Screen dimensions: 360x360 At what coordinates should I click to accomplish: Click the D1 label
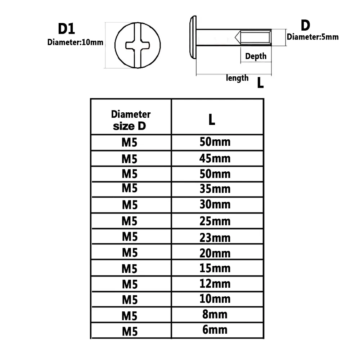click(67, 29)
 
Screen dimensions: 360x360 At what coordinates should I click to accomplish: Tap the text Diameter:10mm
click(75, 42)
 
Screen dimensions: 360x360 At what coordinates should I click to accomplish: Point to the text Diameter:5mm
click(312, 36)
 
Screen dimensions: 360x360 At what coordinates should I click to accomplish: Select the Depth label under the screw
click(256, 56)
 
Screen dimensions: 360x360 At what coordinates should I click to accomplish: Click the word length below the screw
click(237, 77)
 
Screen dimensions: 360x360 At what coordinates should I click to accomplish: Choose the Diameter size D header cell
click(131, 120)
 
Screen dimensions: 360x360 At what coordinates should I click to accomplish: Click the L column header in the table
click(212, 120)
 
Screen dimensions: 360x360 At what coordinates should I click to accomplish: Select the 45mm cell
click(215, 158)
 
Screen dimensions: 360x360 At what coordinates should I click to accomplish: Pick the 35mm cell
click(215, 189)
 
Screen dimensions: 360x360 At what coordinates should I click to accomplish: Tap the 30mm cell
click(215, 204)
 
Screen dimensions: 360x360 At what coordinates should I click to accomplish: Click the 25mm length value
click(215, 220)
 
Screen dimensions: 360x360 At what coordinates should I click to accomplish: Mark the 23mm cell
click(215, 238)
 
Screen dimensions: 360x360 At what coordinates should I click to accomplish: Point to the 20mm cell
click(215, 253)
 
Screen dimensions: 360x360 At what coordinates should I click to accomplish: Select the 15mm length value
click(215, 268)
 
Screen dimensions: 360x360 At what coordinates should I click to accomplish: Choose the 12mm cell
click(215, 284)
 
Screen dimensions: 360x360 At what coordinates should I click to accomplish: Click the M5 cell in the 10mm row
click(130, 300)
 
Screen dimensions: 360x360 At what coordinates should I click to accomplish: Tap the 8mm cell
click(215, 314)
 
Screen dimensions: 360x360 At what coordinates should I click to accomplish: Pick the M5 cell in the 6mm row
click(130, 330)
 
